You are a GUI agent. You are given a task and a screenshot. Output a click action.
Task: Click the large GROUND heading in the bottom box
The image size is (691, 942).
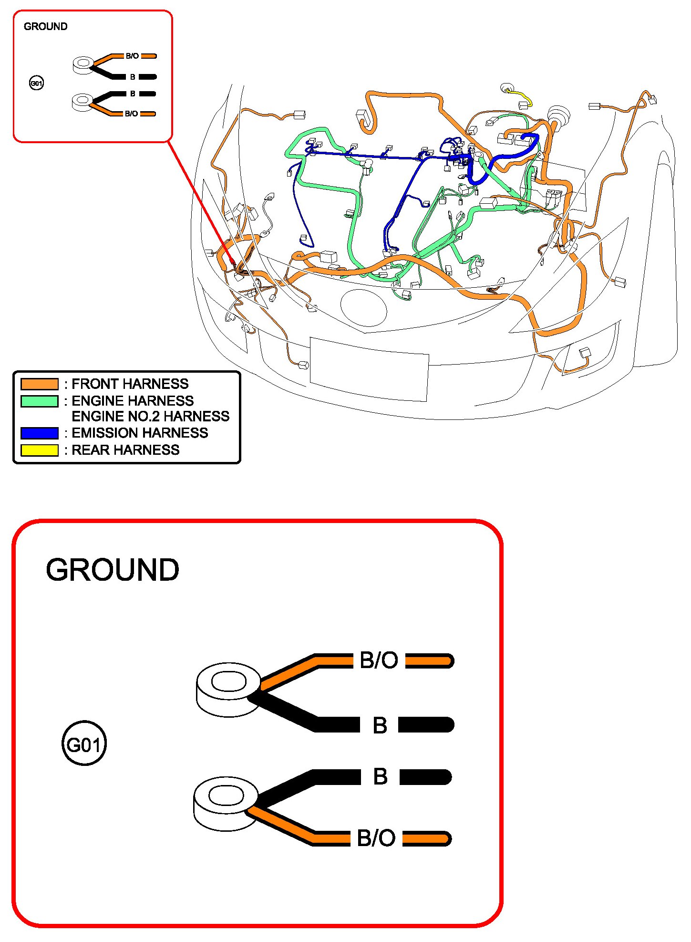pos(113,570)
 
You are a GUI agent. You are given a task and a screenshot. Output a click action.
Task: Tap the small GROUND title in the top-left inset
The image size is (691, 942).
pos(45,27)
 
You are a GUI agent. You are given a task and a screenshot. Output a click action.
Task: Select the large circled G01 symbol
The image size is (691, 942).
pos(84,743)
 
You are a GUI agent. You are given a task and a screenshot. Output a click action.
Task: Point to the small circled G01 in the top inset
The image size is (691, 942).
pos(36,84)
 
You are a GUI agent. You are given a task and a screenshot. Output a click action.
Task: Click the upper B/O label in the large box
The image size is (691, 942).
pos(379,660)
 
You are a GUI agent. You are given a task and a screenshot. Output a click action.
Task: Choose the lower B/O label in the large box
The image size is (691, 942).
pos(376,838)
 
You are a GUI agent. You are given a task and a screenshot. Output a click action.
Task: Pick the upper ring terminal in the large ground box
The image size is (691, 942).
pos(228,689)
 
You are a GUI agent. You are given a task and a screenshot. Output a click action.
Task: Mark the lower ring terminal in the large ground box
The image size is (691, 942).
pos(226,803)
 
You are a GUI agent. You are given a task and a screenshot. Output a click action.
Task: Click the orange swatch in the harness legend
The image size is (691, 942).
pos(40,384)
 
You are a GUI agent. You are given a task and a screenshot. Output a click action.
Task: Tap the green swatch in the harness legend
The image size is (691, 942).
pos(40,401)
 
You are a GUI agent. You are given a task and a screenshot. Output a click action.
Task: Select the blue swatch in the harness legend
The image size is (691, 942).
pos(40,433)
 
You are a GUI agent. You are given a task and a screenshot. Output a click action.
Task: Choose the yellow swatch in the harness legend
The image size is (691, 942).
pos(40,450)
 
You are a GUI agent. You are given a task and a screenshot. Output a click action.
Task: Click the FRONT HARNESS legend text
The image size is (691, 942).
pos(130,384)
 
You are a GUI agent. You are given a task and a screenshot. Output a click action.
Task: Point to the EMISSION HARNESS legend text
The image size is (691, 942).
pos(139,433)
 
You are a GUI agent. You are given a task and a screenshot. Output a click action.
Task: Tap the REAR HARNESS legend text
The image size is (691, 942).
pos(125,450)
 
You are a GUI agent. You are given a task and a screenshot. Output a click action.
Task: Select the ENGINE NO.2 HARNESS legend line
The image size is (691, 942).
pos(150,417)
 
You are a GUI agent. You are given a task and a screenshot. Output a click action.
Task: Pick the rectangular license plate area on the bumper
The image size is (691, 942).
pos(369,369)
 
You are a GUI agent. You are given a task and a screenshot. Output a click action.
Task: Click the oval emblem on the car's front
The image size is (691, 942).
pos(363,308)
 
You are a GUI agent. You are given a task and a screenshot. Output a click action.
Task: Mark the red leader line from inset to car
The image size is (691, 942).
pos(200,200)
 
